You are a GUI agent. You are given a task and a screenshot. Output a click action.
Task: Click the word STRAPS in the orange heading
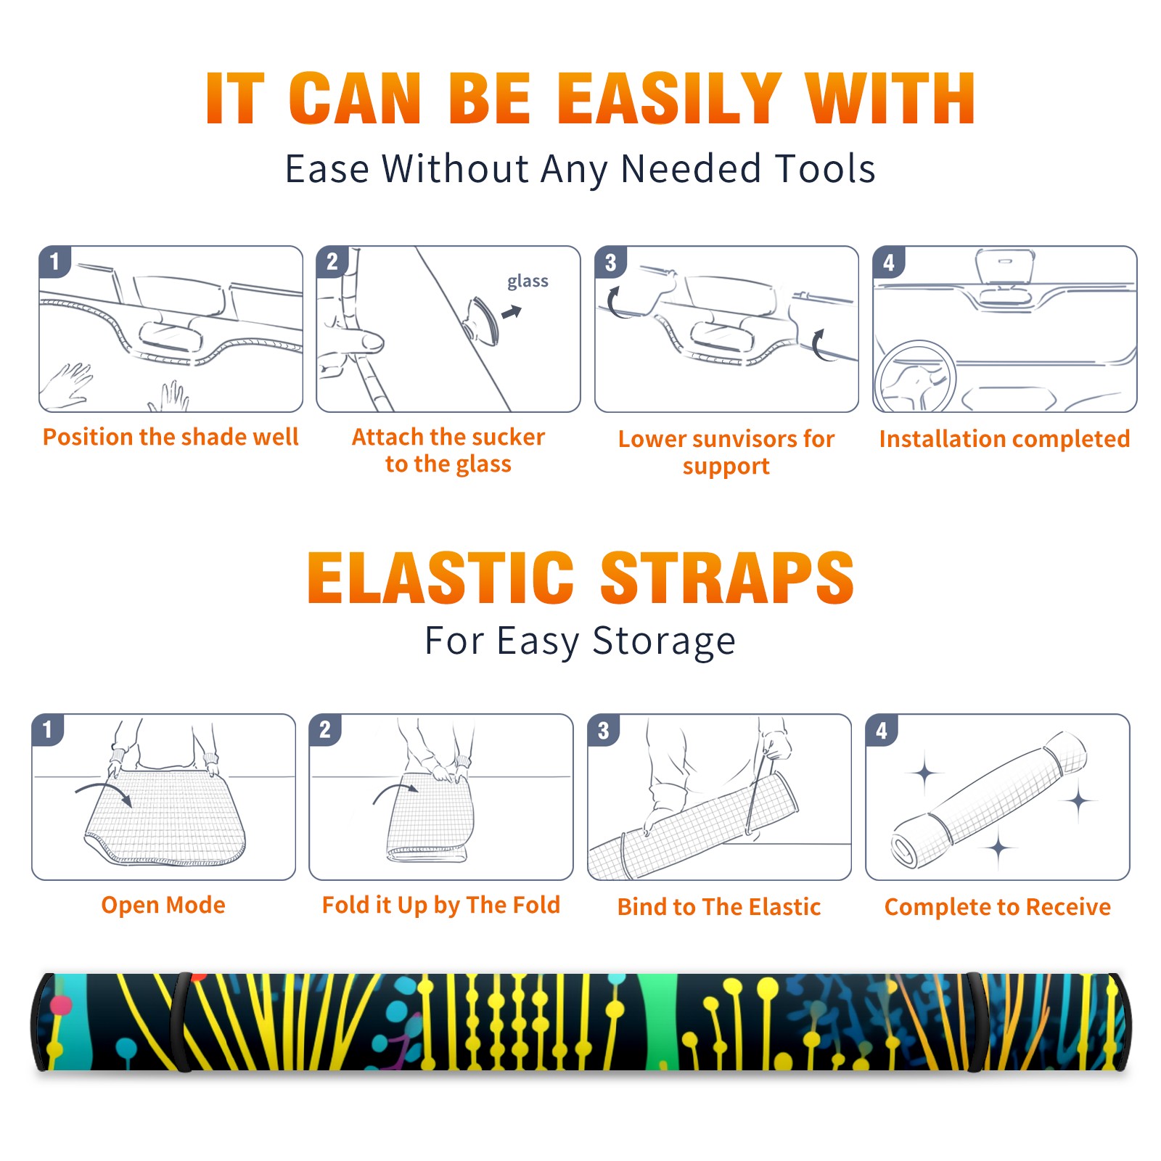[727, 578]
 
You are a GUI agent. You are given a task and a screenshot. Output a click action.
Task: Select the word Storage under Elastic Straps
[664, 642]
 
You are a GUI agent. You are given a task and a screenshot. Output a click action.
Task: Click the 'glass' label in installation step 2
[528, 282]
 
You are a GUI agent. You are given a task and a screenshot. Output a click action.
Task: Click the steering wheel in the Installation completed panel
[915, 377]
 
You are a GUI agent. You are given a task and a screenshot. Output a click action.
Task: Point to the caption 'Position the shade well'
[171, 437]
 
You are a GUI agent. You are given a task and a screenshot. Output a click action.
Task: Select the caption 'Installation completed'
[1004, 439]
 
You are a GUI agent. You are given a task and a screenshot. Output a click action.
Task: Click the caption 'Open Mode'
[163, 905]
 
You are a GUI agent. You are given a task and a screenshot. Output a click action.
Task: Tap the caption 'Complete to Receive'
[998, 907]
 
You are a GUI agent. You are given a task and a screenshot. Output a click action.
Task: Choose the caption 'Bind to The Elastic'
[719, 907]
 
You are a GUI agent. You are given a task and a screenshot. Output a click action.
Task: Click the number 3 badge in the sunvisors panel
[610, 263]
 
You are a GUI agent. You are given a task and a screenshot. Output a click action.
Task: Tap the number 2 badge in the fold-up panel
[325, 730]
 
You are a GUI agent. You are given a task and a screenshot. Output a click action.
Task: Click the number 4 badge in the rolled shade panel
[882, 730]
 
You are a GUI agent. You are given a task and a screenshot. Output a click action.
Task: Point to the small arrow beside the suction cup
[512, 313]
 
